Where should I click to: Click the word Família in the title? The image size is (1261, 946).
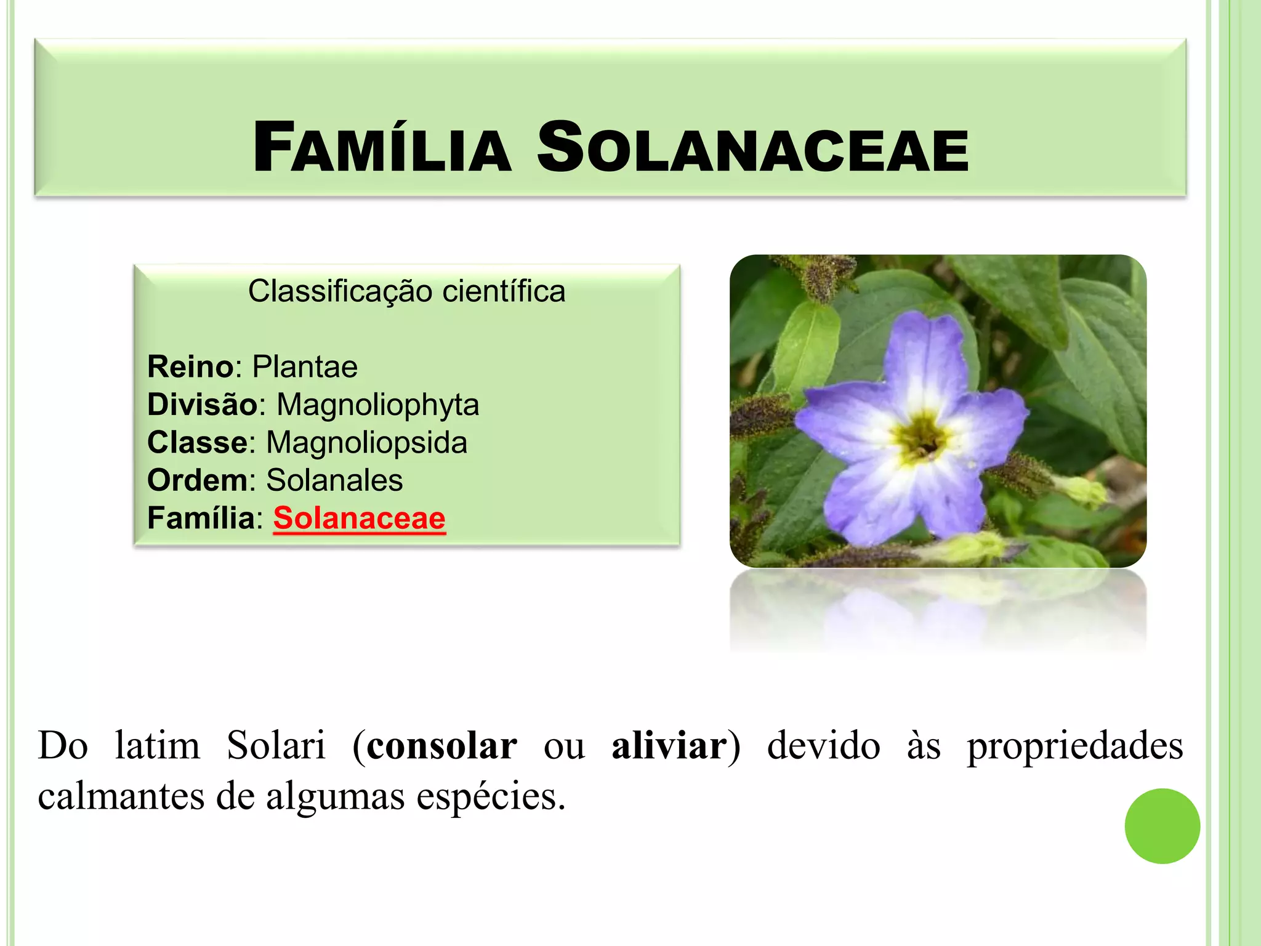click(x=382, y=148)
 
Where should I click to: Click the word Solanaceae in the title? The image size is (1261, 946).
click(x=752, y=148)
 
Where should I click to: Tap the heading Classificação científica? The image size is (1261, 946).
click(x=406, y=291)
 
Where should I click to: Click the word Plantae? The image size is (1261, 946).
click(x=305, y=367)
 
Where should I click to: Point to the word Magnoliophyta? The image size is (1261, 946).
click(x=377, y=405)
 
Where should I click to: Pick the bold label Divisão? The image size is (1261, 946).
click(x=202, y=405)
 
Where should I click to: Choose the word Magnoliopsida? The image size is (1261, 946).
click(x=366, y=443)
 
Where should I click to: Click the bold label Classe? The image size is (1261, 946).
click(x=197, y=443)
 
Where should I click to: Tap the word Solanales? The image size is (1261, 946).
click(x=334, y=480)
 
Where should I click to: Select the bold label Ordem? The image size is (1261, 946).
click(x=197, y=480)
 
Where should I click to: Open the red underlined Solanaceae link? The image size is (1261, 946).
click(x=359, y=519)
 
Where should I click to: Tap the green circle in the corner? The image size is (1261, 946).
click(x=1162, y=826)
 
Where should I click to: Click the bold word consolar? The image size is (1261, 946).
click(x=441, y=746)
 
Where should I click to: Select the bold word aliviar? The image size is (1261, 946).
click(x=669, y=746)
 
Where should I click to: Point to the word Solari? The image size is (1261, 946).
click(x=276, y=746)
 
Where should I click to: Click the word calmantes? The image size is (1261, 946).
click(x=121, y=796)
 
